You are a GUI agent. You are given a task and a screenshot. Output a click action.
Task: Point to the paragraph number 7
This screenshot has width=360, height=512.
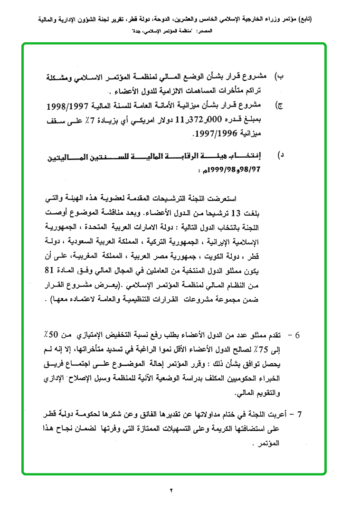point(300,414)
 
